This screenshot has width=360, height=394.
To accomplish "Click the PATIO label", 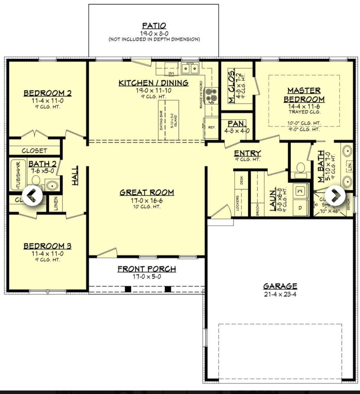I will [154, 26].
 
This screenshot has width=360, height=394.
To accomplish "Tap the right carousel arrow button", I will [335, 195].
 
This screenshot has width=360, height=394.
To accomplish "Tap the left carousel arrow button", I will [32, 195].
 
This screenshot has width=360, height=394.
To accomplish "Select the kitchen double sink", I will [190, 68].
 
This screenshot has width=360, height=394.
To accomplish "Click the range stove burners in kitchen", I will [212, 95].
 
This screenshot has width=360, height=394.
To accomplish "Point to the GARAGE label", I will [280, 286].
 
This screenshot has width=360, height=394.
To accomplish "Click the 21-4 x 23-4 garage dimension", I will [280, 294].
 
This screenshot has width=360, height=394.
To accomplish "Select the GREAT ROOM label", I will [147, 192].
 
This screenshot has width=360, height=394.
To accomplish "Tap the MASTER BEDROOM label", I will [304, 95].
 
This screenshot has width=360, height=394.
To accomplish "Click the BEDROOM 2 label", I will [47, 93].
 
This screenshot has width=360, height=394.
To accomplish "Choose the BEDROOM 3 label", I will [47, 246].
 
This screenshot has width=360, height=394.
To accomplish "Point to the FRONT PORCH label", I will [147, 269].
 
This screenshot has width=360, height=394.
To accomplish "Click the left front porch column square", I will [128, 289].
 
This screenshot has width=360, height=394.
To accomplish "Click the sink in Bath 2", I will [51, 186].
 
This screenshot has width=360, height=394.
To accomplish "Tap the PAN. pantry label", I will [237, 124].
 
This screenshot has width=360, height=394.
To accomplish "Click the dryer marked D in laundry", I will [300, 208].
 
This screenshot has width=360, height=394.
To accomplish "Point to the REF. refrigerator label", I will [212, 128].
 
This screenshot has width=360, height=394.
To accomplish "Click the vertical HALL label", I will [75, 175].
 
